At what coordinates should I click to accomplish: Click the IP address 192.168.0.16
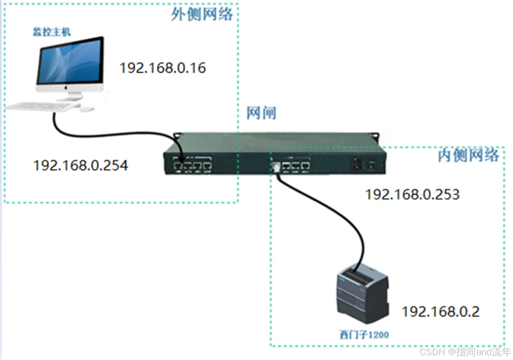click(x=162, y=68)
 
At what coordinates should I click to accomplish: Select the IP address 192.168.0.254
click(x=80, y=166)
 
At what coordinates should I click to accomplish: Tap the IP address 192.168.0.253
click(x=412, y=194)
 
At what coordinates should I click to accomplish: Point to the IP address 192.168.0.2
click(x=440, y=312)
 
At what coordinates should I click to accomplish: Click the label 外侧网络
click(x=202, y=14)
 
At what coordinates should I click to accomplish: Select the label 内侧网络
click(x=468, y=155)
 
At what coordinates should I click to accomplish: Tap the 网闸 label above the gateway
click(x=261, y=113)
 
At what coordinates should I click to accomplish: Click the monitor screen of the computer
click(x=70, y=62)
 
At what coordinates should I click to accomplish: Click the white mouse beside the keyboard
click(x=86, y=109)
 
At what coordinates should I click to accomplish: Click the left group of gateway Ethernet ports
click(x=192, y=166)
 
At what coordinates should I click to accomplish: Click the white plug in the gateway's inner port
click(x=276, y=167)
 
